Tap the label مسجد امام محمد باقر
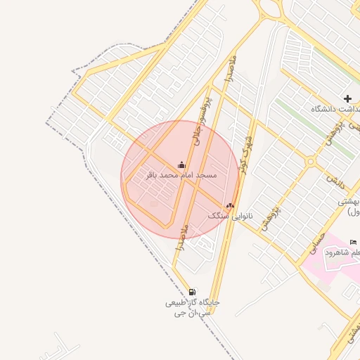pyautogui.click(x=182, y=174)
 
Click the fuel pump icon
pyautogui.click(x=193, y=292)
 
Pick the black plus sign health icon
pyautogui.click(x=347, y=98)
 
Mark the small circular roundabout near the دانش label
pyautogui.click(x=310, y=162)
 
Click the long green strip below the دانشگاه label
pyautogui.click(x=315, y=127)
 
